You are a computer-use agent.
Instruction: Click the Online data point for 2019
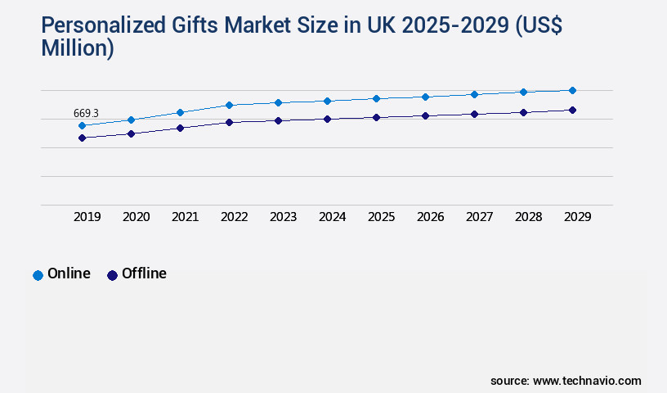pyautogui.click(x=82, y=125)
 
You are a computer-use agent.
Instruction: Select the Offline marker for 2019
pyautogui.click(x=82, y=138)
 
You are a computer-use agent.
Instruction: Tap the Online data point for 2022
pyautogui.click(x=229, y=105)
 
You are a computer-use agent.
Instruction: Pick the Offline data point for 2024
pyautogui.click(x=327, y=119)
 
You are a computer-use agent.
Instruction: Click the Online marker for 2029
pyautogui.click(x=572, y=90)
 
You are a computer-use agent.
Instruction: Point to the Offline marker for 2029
pyautogui.click(x=572, y=110)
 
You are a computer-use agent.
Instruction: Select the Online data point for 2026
pyautogui.click(x=425, y=97)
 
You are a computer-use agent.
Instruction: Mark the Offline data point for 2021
pyautogui.click(x=180, y=128)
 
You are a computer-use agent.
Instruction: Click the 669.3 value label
pyautogui.click(x=86, y=113)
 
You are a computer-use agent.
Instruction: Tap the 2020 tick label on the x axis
pyautogui.click(x=136, y=217)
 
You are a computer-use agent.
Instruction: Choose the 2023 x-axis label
pyautogui.click(x=283, y=217)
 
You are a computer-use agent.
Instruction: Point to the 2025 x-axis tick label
pyautogui.click(x=381, y=217)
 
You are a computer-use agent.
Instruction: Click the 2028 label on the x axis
pyautogui.click(x=528, y=217)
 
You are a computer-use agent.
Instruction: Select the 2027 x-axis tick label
pyautogui.click(x=479, y=217)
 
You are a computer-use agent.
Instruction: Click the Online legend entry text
pyautogui.click(x=69, y=273)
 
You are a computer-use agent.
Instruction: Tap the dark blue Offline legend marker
pyautogui.click(x=113, y=275)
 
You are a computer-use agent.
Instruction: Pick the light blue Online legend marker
pyautogui.click(x=38, y=275)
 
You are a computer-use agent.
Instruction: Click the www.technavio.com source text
pyautogui.click(x=587, y=381)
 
